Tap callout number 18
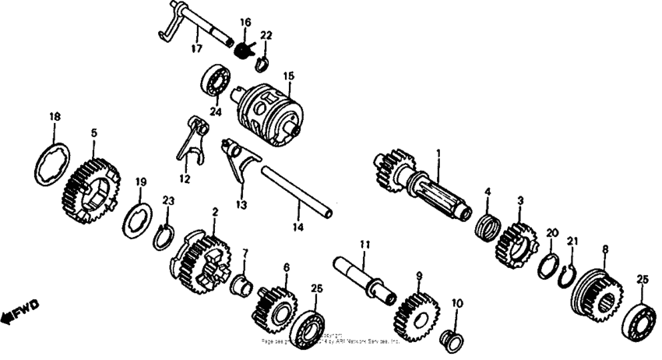click(x=54, y=117)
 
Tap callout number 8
click(x=604, y=249)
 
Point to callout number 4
click(x=488, y=191)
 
